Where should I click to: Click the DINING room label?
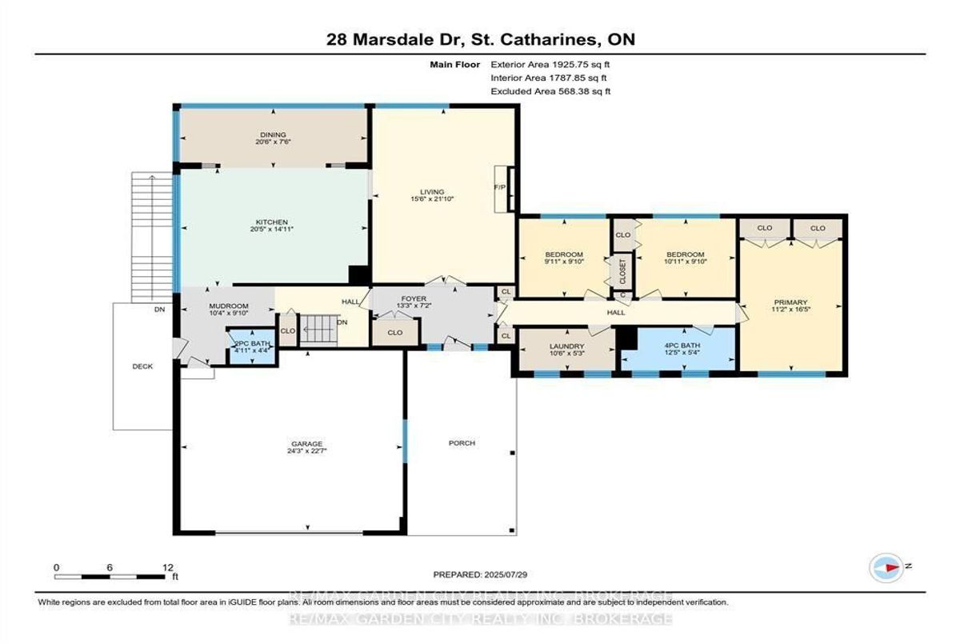(x=273, y=134)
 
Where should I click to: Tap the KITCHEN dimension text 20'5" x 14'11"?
(x=273, y=230)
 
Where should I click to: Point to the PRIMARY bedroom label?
(x=790, y=302)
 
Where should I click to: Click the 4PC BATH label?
(x=678, y=346)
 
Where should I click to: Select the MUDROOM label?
(x=229, y=306)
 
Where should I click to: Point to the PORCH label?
(x=462, y=442)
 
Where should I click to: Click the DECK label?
(x=143, y=366)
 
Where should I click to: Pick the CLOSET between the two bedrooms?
(x=622, y=270)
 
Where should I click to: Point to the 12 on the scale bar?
(x=168, y=566)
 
